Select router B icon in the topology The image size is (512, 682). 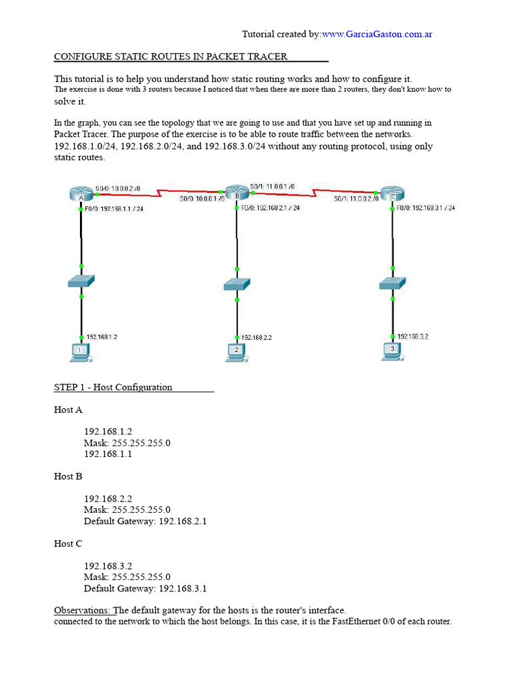236,192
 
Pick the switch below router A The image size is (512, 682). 81,282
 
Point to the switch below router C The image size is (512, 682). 393,283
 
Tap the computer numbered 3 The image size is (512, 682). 393,350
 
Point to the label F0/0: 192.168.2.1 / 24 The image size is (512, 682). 269,208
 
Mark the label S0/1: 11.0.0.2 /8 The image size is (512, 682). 356,198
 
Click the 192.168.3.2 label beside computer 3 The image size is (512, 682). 413,337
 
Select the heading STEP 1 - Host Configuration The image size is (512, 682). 113,387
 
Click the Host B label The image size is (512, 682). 68,476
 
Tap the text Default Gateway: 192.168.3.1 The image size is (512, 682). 145,588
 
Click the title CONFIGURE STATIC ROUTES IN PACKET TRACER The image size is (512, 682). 171,57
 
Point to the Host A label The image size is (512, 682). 68,410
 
